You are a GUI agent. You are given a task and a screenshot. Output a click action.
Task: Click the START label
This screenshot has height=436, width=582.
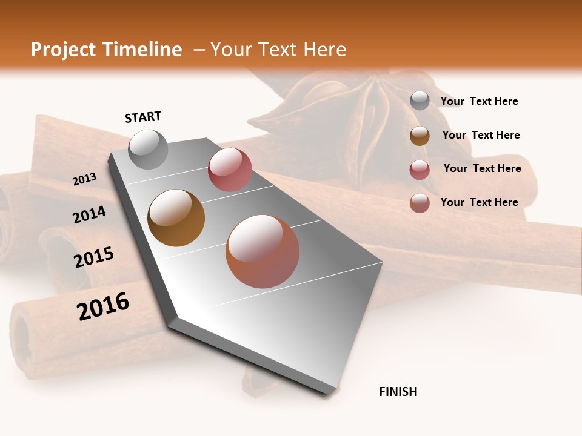point(143,117)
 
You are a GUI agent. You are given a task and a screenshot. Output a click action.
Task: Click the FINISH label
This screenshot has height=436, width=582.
point(398,392)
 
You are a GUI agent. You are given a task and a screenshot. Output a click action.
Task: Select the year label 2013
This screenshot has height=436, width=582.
point(84,179)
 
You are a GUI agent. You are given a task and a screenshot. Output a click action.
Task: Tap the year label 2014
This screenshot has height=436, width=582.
point(90,214)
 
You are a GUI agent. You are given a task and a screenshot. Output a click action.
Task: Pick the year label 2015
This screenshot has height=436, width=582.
point(94,257)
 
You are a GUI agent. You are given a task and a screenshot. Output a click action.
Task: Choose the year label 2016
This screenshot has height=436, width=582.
point(103,306)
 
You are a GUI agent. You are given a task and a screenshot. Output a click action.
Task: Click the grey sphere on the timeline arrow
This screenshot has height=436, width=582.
point(148,149)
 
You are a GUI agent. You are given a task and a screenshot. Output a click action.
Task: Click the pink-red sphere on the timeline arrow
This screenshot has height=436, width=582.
point(230,170)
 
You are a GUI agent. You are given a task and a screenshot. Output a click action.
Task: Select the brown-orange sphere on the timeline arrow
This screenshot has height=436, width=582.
point(176,217)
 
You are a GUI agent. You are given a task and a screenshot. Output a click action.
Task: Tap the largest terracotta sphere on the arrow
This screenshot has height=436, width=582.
point(263,251)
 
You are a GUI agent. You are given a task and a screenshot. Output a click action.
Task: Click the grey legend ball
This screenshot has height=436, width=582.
point(420,101)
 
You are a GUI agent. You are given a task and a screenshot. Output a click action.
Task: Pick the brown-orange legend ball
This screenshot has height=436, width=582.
point(420,136)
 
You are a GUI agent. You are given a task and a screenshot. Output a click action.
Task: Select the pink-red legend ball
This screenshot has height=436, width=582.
point(420,170)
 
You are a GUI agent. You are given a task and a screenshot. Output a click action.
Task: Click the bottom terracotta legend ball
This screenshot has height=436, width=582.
point(420,203)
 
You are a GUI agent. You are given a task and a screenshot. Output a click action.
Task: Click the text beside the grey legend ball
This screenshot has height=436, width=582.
point(479,101)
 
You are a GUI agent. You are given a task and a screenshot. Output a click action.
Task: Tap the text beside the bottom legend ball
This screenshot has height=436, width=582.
point(479,202)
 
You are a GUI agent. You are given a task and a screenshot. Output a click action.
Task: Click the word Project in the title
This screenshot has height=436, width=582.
point(63,50)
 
